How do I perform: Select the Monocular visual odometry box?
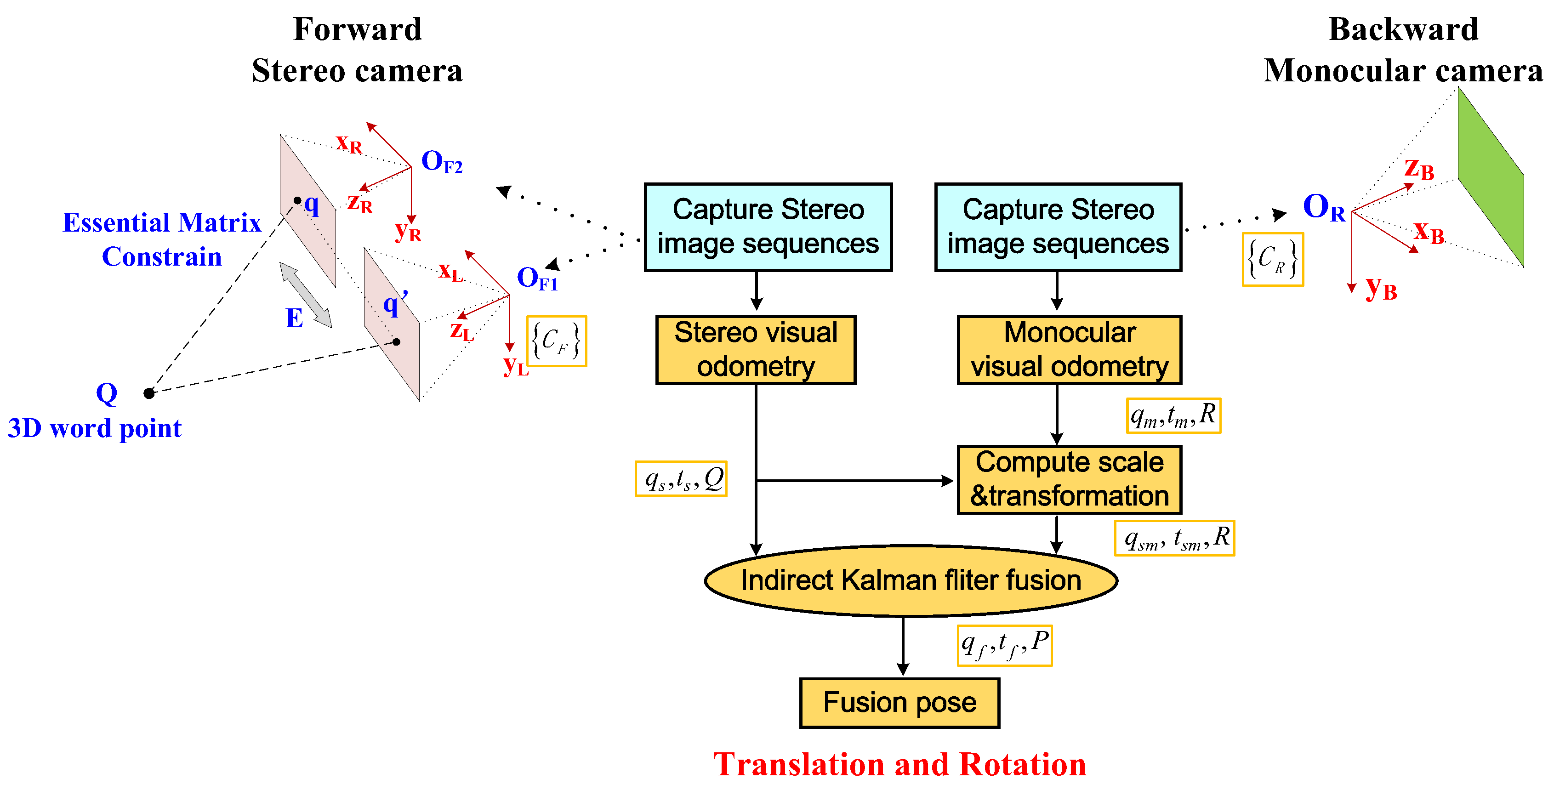[1069, 350]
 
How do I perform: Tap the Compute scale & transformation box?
[1069, 479]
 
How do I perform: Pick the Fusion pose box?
[899, 703]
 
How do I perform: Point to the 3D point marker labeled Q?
[149, 393]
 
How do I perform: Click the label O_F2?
[441, 162]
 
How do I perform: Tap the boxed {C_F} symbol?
[556, 341]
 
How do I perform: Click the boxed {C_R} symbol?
[1273, 259]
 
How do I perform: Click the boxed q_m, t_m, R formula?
[1173, 415]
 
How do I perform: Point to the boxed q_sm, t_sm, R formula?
[1174, 538]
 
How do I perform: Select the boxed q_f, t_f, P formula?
[1004, 645]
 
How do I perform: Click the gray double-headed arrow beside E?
[306, 295]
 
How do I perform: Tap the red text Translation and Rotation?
[899, 765]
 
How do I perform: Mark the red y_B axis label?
[1381, 288]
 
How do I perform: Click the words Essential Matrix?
[162, 222]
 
